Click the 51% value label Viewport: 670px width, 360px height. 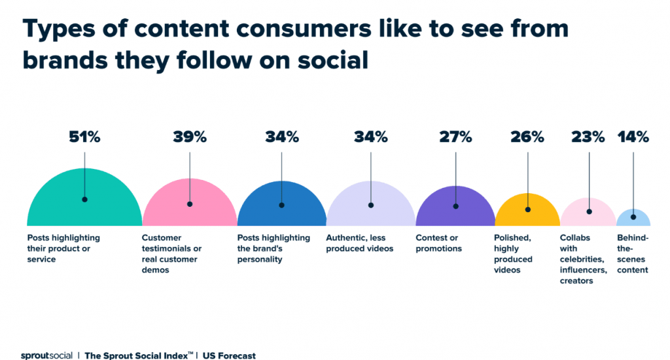[x=84, y=137]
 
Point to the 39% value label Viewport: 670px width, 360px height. [x=190, y=137]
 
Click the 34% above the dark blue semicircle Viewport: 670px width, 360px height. [x=282, y=137]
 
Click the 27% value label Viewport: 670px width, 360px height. [x=455, y=137]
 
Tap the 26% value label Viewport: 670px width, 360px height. [x=527, y=137]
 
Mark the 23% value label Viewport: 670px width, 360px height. [x=588, y=137]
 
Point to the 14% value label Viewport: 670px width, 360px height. [x=633, y=137]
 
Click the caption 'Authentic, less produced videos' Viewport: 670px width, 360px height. [x=360, y=243]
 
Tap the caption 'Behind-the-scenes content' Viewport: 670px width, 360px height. [x=633, y=254]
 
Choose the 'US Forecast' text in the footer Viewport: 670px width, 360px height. [x=229, y=355]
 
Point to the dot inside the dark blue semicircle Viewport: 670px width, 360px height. [x=282, y=205]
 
